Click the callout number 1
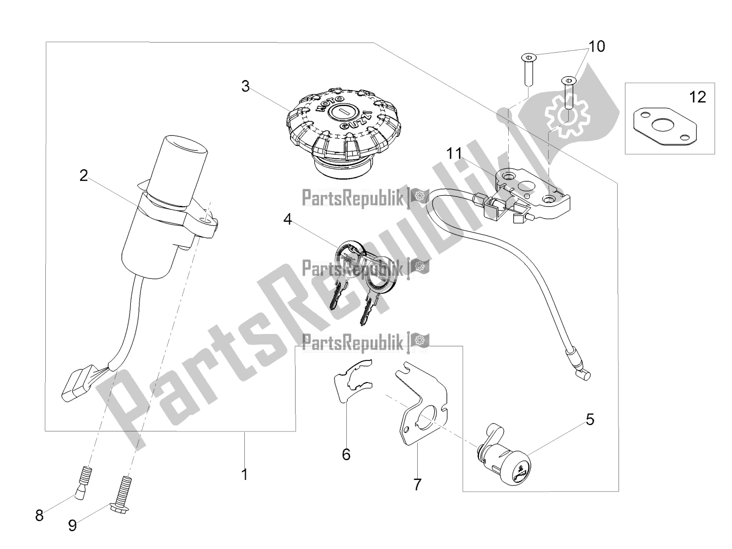[x=245, y=474]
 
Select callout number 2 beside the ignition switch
[x=84, y=176]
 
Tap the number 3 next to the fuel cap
[x=245, y=86]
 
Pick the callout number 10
[x=597, y=47]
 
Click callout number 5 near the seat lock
[x=590, y=420]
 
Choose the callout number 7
[x=418, y=484]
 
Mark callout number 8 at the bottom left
[x=39, y=516]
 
